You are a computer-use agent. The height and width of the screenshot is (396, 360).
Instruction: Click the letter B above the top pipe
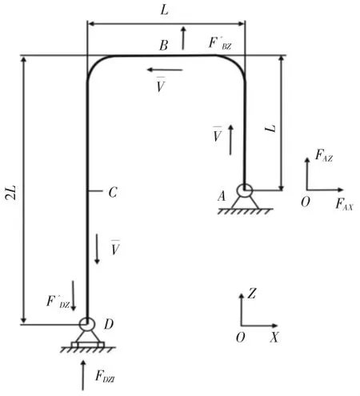coord(164,46)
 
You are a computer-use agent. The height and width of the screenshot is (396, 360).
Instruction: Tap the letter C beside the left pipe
coord(113,192)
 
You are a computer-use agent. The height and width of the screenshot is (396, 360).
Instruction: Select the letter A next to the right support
coord(222,197)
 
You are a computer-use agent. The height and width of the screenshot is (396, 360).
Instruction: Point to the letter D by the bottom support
coord(109,324)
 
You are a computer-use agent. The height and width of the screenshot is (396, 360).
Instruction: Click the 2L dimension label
coord(11,193)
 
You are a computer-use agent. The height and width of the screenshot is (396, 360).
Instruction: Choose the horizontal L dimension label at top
coord(165,10)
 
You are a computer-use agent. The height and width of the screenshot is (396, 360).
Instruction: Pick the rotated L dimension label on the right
coord(270,128)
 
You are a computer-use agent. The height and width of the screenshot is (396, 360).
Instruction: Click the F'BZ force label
coord(220,43)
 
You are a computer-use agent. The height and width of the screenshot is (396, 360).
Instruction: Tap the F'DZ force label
coord(58,302)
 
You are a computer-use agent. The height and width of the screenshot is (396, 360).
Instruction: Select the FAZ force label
coord(324,155)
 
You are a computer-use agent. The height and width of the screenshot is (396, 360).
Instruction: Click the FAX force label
coord(344,205)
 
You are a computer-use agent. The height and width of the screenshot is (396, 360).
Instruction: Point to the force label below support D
coord(105,377)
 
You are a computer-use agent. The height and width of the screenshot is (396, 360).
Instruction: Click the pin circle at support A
coord(244,190)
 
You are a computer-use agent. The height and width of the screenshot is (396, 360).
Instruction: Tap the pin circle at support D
coord(87,324)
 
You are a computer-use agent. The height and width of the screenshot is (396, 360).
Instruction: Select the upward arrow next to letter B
coord(183,38)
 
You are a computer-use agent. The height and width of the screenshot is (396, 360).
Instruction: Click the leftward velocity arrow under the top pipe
coord(165,70)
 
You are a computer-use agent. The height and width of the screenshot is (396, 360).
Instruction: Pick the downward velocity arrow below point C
coord(97,249)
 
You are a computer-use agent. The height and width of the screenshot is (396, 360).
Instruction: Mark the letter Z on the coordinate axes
coord(252,294)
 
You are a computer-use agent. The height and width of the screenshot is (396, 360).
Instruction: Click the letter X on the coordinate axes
coord(274,338)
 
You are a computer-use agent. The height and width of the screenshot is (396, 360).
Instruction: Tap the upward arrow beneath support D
coord(83,375)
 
